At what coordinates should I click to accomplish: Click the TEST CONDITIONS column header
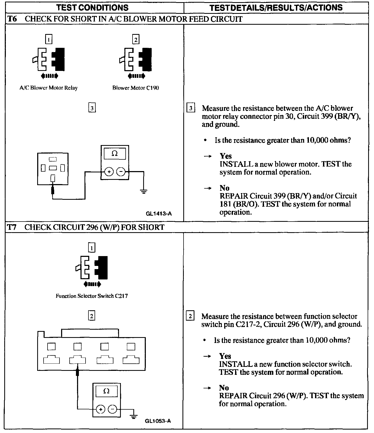[x=92, y=7]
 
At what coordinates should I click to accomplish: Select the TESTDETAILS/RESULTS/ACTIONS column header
[x=276, y=7]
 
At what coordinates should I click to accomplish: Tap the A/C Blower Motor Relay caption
[x=48, y=88]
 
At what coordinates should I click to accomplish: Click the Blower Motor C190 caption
[x=136, y=88]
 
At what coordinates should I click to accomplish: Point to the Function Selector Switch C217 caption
[x=92, y=296]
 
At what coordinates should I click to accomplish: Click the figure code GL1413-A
[x=159, y=213]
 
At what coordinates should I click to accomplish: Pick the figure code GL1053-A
[x=158, y=421]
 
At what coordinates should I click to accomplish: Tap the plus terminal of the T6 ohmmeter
[x=109, y=172]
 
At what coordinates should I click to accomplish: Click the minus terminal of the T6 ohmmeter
[x=121, y=172]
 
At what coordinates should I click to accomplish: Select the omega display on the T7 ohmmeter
[x=107, y=391]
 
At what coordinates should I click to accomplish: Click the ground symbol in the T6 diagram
[x=144, y=192]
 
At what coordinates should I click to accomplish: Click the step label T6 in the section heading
[x=12, y=19]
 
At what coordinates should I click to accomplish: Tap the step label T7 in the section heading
[x=12, y=227]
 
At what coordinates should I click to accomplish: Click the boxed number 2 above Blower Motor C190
[x=136, y=40]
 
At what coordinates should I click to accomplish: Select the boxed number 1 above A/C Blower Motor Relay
[x=49, y=40]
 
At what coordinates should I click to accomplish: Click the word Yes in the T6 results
[x=226, y=156]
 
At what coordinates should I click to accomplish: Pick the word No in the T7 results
[x=224, y=388]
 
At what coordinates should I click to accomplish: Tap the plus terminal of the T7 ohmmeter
[x=100, y=409]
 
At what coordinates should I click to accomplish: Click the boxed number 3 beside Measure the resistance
[x=191, y=108]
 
